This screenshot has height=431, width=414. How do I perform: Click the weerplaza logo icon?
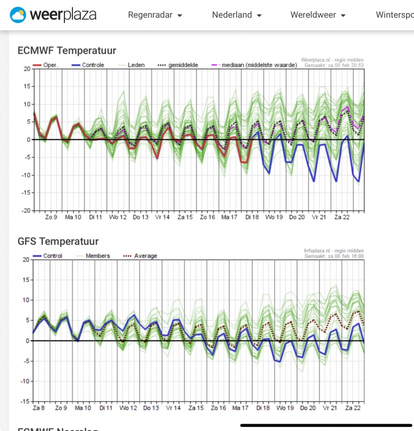coord(18,15)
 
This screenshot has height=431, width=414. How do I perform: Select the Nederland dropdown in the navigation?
coord(236,15)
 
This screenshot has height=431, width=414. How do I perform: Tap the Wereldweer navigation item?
coord(318,15)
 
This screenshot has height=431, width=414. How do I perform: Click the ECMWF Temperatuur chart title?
coord(67,51)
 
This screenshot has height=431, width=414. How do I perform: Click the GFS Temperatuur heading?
coord(58,242)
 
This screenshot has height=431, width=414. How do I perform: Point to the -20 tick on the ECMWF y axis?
coord(26,210)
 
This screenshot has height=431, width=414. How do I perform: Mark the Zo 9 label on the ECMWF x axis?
coord(51,217)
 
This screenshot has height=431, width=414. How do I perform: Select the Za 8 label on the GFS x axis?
coord(39,408)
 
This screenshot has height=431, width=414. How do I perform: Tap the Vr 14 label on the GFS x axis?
coord(173,408)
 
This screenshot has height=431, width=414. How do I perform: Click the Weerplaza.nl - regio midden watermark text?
coord(332,59)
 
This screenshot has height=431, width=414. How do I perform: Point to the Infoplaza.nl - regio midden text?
coord(333,250)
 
